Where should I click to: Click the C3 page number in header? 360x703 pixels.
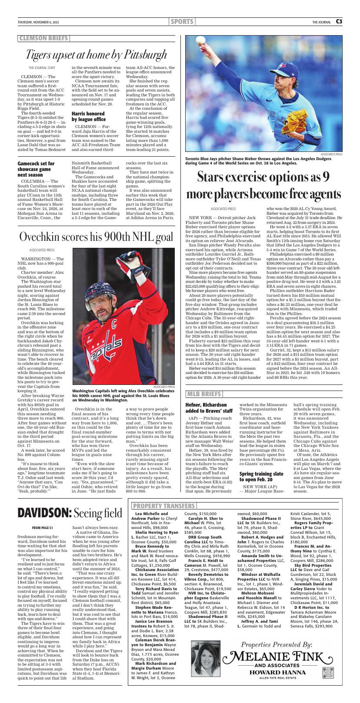pyautogui.click(x=339, y=22)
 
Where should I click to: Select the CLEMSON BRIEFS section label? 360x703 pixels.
pyautogui.click(x=43, y=38)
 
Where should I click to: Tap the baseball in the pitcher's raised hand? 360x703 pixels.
pyautogui.click(x=200, y=39)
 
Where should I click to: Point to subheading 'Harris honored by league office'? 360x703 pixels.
pyautogui.click(x=89, y=116)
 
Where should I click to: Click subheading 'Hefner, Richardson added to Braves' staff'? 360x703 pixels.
pyautogui.click(x=209, y=408)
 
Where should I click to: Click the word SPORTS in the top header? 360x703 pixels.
pyautogui.click(x=182, y=22)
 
